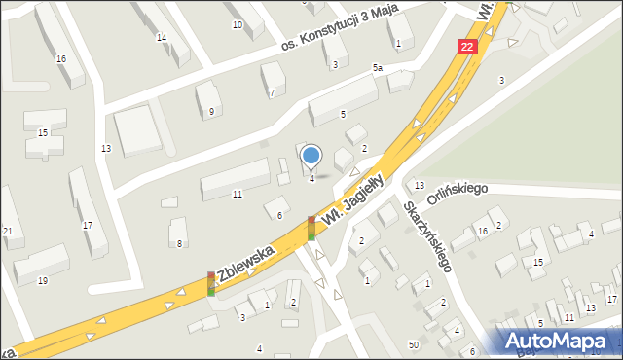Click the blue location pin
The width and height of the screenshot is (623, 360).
pyautogui.click(x=311, y=155)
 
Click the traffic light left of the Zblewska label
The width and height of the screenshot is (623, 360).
pyautogui.click(x=210, y=283)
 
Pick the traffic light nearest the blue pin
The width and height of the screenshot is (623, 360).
pyautogui.click(x=311, y=228)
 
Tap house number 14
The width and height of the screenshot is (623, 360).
pyautogui.click(x=162, y=38)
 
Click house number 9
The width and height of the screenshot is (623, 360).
pyautogui.click(x=211, y=112)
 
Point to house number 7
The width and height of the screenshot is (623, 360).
pyautogui.click(x=272, y=92)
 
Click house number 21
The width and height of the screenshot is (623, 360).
pyautogui.click(x=8, y=231)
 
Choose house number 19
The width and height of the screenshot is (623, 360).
pyautogui.click(x=42, y=280)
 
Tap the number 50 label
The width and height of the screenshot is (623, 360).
pyautogui.click(x=414, y=345)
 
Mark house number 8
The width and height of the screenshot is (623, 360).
pyautogui.click(x=179, y=242)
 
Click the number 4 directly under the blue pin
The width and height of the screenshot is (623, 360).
pyautogui.click(x=311, y=178)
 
